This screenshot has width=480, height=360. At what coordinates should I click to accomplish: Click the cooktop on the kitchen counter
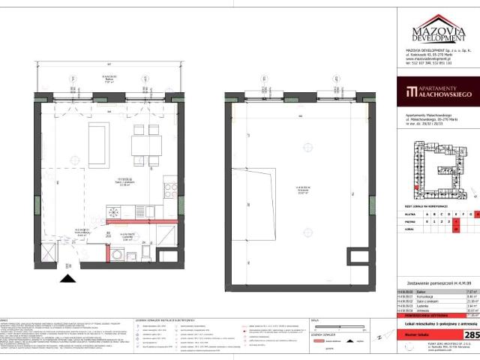pyautogui.click(x=169, y=189)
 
